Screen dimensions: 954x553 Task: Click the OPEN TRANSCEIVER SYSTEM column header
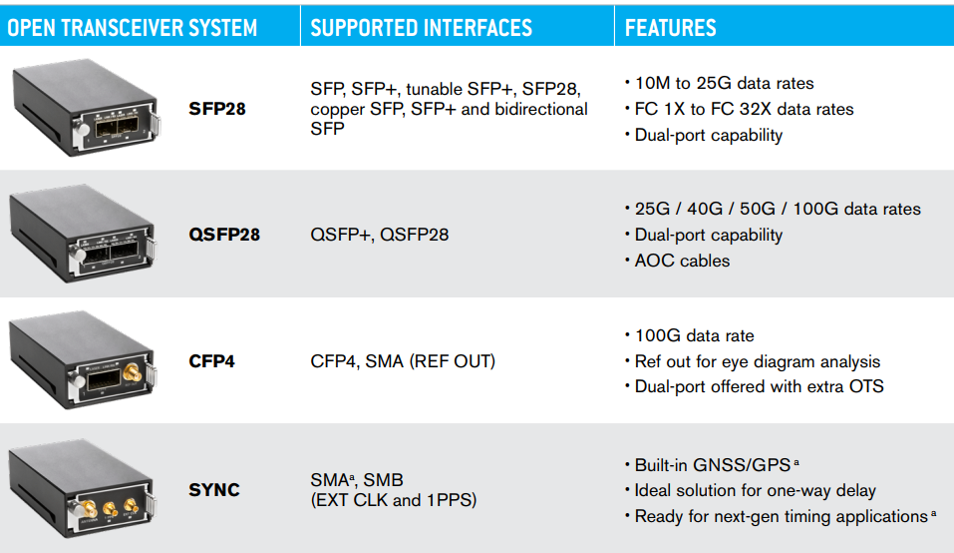click(x=132, y=28)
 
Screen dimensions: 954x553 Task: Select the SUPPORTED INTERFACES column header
click(x=421, y=28)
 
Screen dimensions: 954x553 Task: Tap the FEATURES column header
click(x=671, y=28)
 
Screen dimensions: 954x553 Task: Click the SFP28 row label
click(x=217, y=109)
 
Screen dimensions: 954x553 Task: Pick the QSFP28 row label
click(x=224, y=235)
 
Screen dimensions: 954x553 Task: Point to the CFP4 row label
click(x=211, y=361)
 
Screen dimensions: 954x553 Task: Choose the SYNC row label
click(x=214, y=490)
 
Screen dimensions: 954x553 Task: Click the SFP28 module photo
click(x=86, y=108)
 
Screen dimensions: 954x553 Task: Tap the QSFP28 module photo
click(x=84, y=234)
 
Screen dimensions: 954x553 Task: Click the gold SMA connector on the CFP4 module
click(x=132, y=371)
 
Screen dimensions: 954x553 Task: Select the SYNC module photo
click(x=82, y=488)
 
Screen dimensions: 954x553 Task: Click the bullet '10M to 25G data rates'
click(x=724, y=84)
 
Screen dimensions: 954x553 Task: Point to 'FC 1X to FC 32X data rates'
click(x=744, y=109)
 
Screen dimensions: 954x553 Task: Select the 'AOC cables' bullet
click(x=682, y=261)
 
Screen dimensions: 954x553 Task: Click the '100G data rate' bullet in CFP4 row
click(x=694, y=335)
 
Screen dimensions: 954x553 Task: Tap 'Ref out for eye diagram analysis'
click(x=758, y=361)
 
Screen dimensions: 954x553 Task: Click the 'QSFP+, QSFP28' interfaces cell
click(x=380, y=235)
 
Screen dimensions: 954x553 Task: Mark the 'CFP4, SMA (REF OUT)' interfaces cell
click(x=403, y=361)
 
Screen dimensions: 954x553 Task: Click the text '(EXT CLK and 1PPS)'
click(x=394, y=500)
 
